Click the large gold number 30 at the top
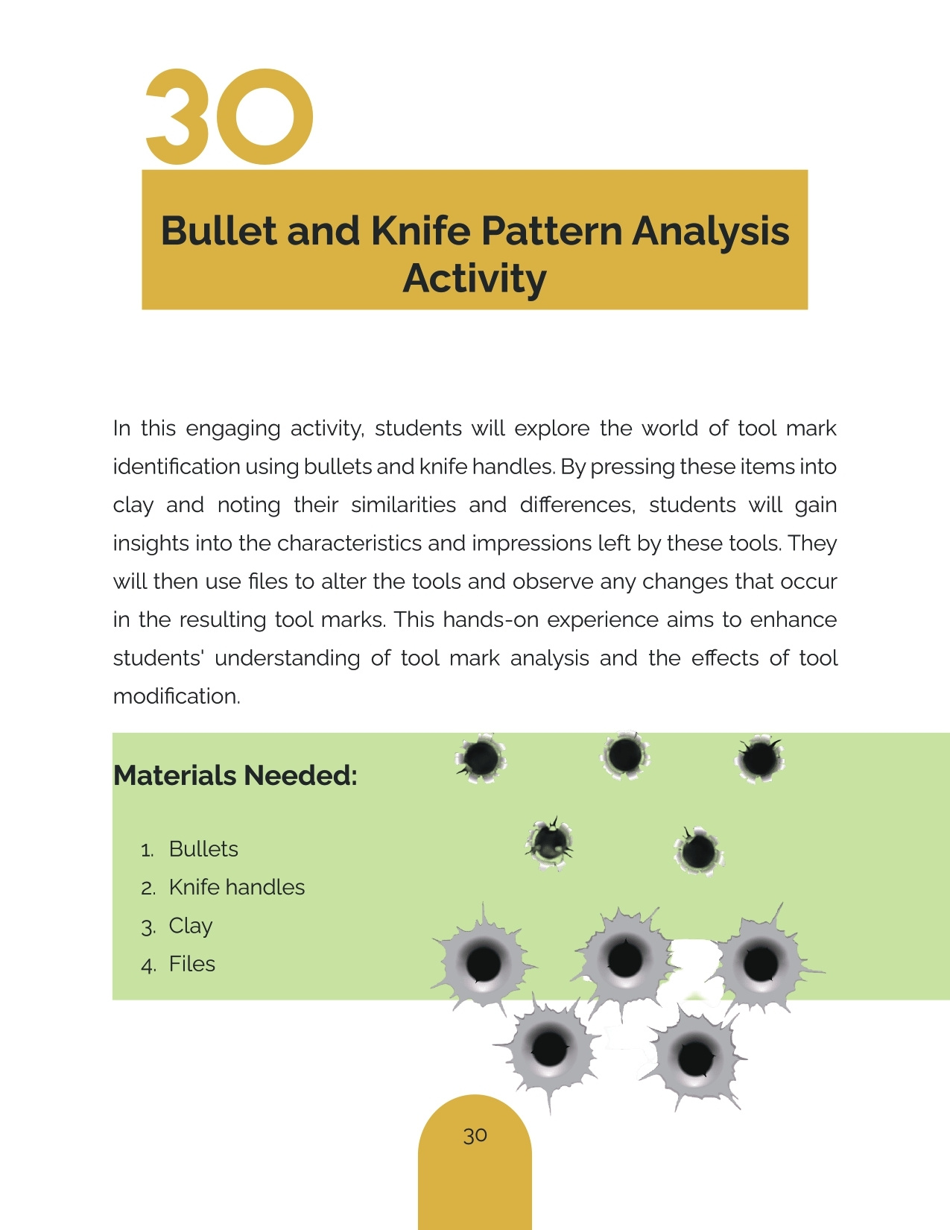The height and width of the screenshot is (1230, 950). [x=229, y=117]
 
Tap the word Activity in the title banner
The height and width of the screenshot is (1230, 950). [x=475, y=279]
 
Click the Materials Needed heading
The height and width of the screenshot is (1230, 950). [x=235, y=776]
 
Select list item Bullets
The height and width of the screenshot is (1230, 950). [x=203, y=849]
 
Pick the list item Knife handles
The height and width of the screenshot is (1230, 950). [x=237, y=887]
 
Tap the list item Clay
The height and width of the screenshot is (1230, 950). [x=191, y=926]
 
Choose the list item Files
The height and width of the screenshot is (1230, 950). [x=192, y=964]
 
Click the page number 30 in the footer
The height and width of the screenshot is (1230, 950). [x=475, y=1135]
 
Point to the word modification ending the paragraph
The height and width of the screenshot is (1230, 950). [x=177, y=696]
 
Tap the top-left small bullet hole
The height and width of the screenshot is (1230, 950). [x=481, y=758]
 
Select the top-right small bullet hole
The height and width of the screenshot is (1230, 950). [x=759, y=759]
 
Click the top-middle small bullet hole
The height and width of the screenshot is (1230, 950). [x=624, y=755]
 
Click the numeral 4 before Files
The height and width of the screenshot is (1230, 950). [x=148, y=965]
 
